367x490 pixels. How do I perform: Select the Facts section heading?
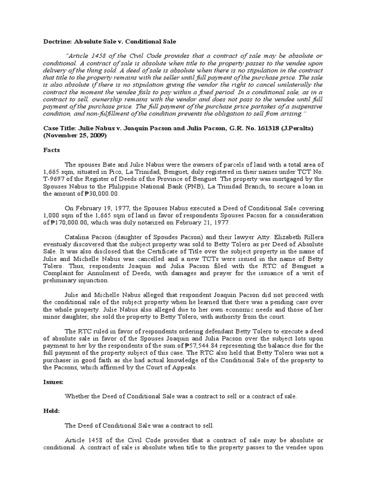pyautogui.click(x=52, y=150)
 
